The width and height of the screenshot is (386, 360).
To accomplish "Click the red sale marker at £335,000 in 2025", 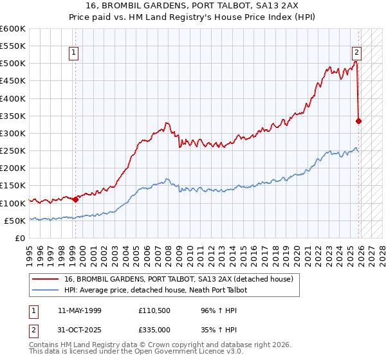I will (x=358, y=120).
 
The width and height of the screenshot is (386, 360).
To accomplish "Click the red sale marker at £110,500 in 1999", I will (x=75, y=199).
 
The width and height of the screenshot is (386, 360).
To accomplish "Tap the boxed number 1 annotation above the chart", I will (x=75, y=53).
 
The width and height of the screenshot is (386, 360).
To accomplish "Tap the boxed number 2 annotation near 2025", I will (x=356, y=53).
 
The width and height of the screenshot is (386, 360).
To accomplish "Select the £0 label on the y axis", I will (x=21, y=238).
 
